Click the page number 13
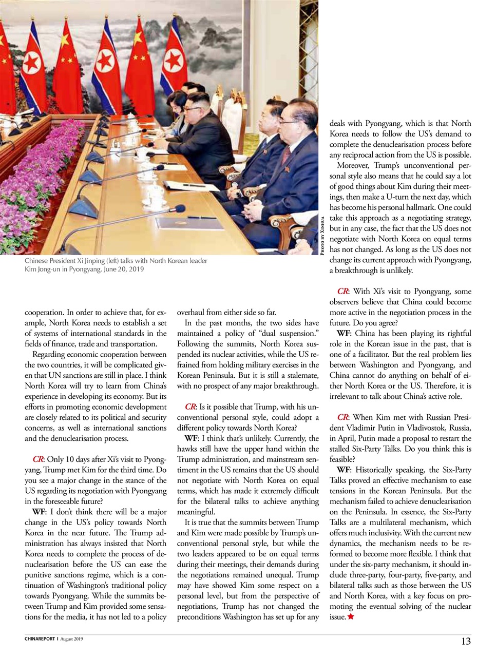466,641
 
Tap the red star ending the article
351,616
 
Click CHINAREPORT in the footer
40,639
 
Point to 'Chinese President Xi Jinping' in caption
64,261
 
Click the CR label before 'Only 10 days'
38,459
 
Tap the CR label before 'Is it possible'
190,407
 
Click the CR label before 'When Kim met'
343,417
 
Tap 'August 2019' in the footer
71,639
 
